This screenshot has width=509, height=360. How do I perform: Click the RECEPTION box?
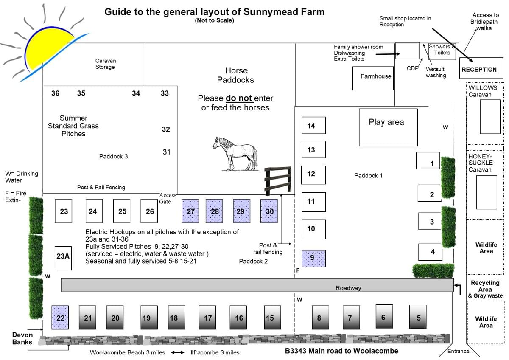click(479, 70)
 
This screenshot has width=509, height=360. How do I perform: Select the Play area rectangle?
click(388, 127)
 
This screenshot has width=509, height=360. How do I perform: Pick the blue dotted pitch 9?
click(313, 258)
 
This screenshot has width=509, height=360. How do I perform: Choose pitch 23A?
click(63, 258)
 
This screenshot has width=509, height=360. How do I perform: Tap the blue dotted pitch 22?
click(60, 318)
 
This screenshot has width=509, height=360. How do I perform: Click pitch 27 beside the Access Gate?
click(190, 211)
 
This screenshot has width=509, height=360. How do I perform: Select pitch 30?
click(269, 211)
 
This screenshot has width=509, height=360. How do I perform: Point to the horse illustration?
click(236, 153)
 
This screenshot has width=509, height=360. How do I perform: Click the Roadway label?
click(348, 288)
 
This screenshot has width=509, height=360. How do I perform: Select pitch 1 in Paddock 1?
click(428, 161)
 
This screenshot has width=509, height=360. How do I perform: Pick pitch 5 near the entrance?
click(418, 317)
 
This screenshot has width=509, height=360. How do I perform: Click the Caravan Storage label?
click(105, 64)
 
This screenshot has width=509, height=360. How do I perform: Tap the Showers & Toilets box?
click(442, 50)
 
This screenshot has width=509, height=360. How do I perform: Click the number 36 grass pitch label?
click(55, 93)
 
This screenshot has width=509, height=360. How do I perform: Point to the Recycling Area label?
click(485, 286)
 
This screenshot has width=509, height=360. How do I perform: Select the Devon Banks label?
click(22, 338)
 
